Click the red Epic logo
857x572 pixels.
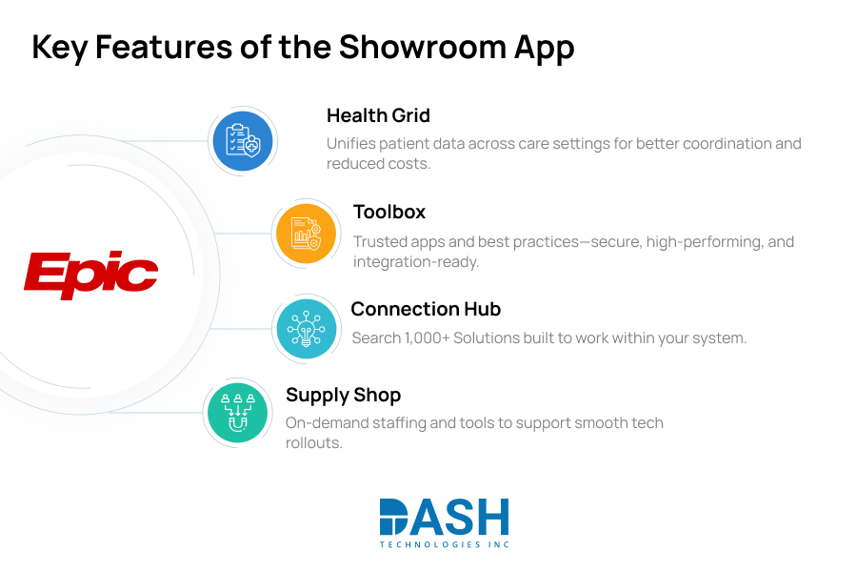(x=90, y=275)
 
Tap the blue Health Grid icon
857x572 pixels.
(x=241, y=141)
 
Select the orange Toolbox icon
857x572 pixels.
(x=306, y=233)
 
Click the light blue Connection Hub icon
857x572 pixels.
(x=306, y=328)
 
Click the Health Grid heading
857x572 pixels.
(x=378, y=115)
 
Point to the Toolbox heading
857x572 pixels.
(x=389, y=212)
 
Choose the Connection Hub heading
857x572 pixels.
(x=426, y=309)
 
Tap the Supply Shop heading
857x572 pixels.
(x=343, y=395)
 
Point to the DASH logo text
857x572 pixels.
(x=444, y=517)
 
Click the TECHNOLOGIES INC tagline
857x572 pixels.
(x=444, y=544)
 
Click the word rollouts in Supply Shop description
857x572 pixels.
(x=313, y=443)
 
